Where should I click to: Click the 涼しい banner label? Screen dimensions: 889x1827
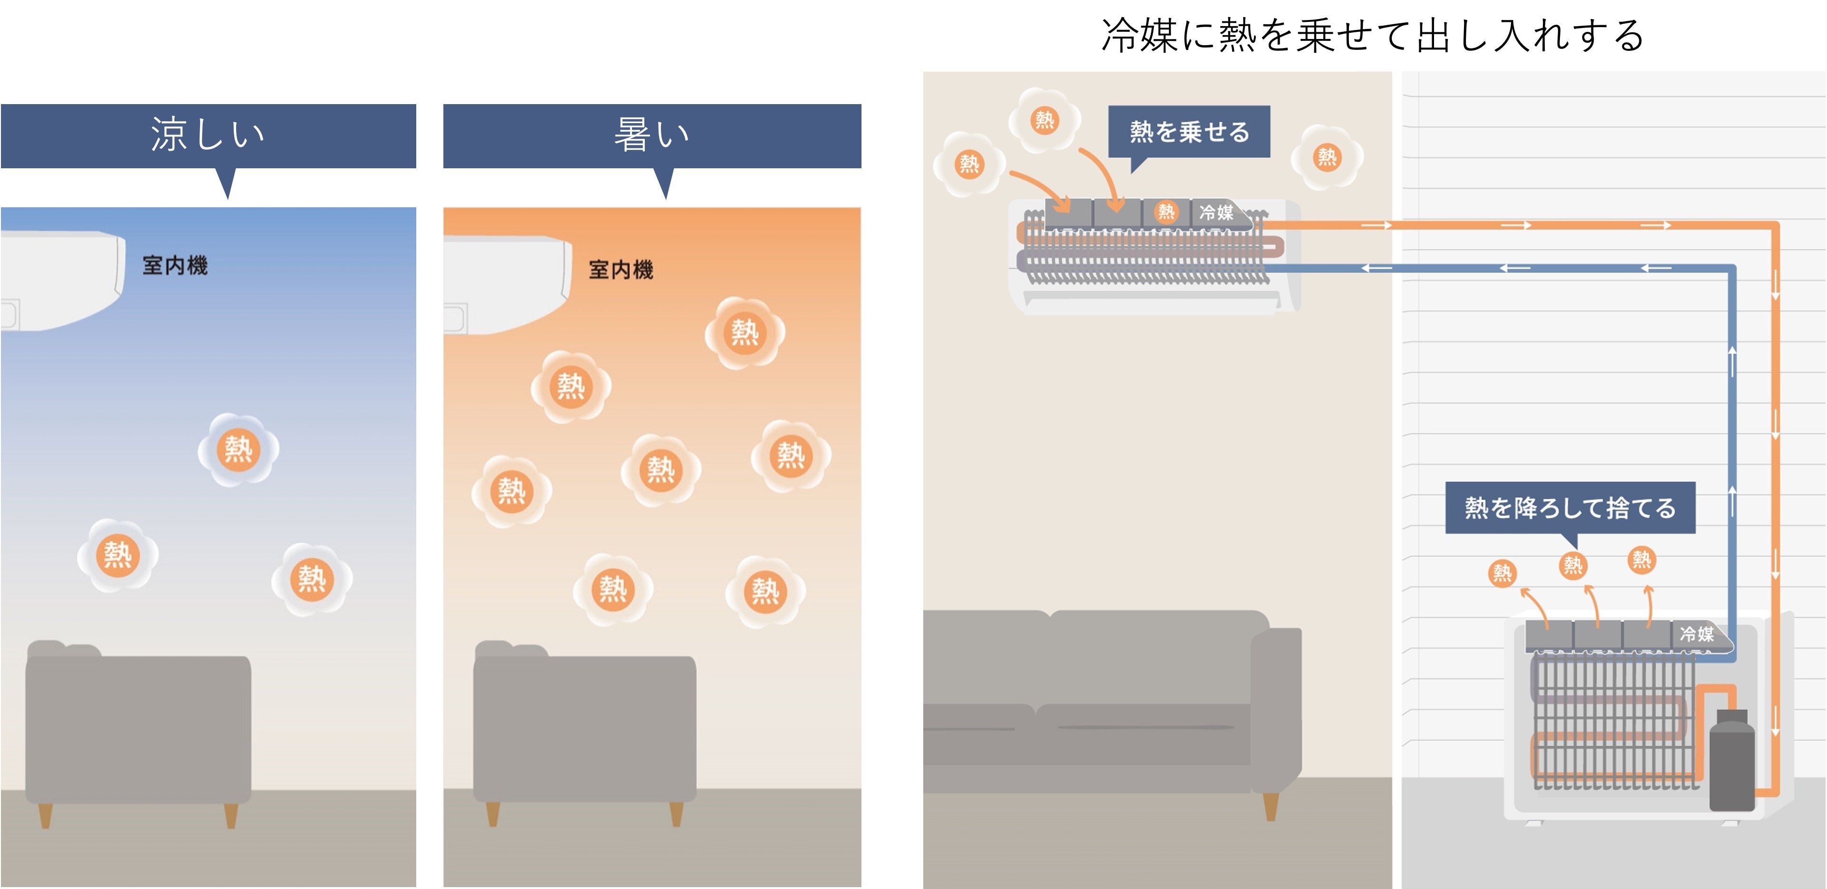click(208, 135)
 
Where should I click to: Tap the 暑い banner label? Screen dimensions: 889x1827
click(651, 135)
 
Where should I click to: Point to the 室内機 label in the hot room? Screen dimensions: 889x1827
click(621, 270)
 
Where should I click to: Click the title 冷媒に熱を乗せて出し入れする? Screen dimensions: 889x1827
click(1372, 36)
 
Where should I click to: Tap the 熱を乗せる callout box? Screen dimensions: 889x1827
click(1189, 132)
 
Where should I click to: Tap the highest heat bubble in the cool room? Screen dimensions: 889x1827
click(239, 449)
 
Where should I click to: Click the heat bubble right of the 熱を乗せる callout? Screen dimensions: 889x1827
click(1326, 157)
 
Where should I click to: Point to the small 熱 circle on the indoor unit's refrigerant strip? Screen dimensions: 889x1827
click(1166, 212)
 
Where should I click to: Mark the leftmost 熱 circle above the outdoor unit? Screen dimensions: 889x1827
click(1502, 572)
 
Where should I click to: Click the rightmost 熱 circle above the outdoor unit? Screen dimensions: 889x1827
click(1641, 560)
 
